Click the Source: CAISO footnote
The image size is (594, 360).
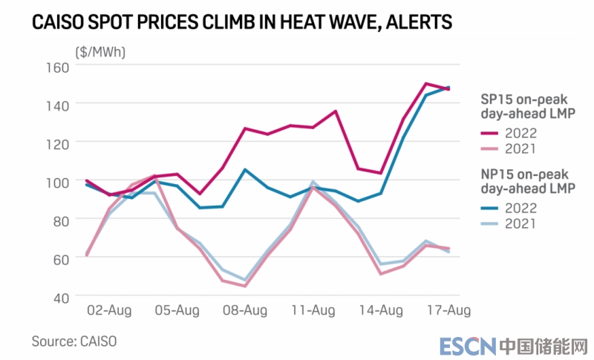click(74, 341)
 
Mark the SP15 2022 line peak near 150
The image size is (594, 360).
click(425, 83)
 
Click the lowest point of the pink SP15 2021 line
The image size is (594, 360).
click(245, 286)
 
